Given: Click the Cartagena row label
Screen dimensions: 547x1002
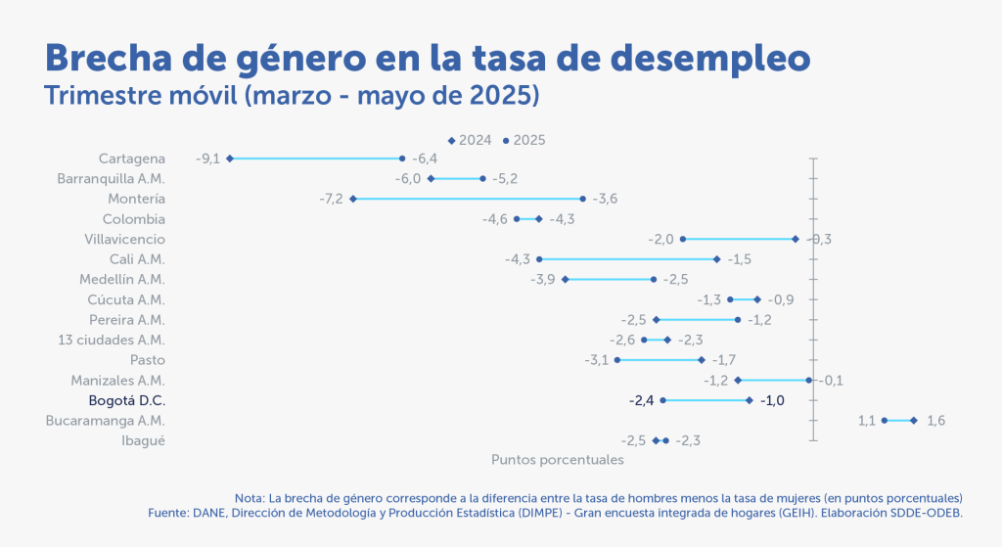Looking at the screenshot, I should coord(131,159).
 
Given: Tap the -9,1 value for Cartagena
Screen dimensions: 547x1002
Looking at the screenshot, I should coord(207,159).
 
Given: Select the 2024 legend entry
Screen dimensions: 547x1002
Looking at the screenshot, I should coord(470,140).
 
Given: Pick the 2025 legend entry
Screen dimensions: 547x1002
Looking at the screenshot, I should coord(524,140).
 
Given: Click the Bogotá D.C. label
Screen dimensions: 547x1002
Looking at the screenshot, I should coord(126,400).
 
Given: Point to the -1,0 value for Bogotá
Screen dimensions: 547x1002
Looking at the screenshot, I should coord(772,400).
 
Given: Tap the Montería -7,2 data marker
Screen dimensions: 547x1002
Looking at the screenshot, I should coord(353,199).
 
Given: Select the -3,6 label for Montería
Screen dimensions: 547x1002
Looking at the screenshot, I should coord(605,199).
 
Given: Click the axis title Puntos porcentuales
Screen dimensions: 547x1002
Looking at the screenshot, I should coord(557,458).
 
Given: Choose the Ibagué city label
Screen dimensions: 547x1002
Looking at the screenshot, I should coord(143,440).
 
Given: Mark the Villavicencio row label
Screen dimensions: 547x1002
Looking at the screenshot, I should coord(125,239).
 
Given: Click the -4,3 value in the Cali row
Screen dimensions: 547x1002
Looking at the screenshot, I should coord(517,259).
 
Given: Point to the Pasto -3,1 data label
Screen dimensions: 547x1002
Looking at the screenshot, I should coord(596,360).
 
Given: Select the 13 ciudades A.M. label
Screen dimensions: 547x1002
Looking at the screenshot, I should coord(112,340).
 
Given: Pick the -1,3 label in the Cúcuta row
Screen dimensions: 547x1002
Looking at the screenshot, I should coord(709,299).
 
